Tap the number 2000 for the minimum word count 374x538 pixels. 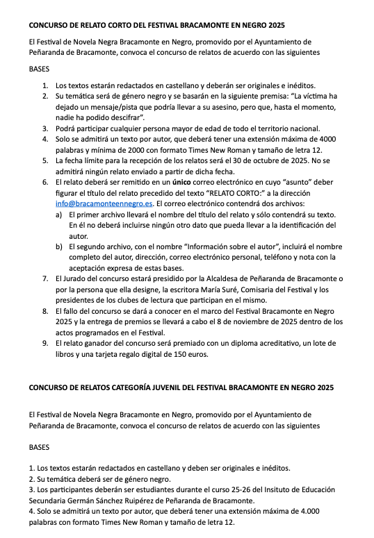[x=131, y=149]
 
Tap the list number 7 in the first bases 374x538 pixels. [x=45, y=278]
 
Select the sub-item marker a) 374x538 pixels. [x=59, y=215]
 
